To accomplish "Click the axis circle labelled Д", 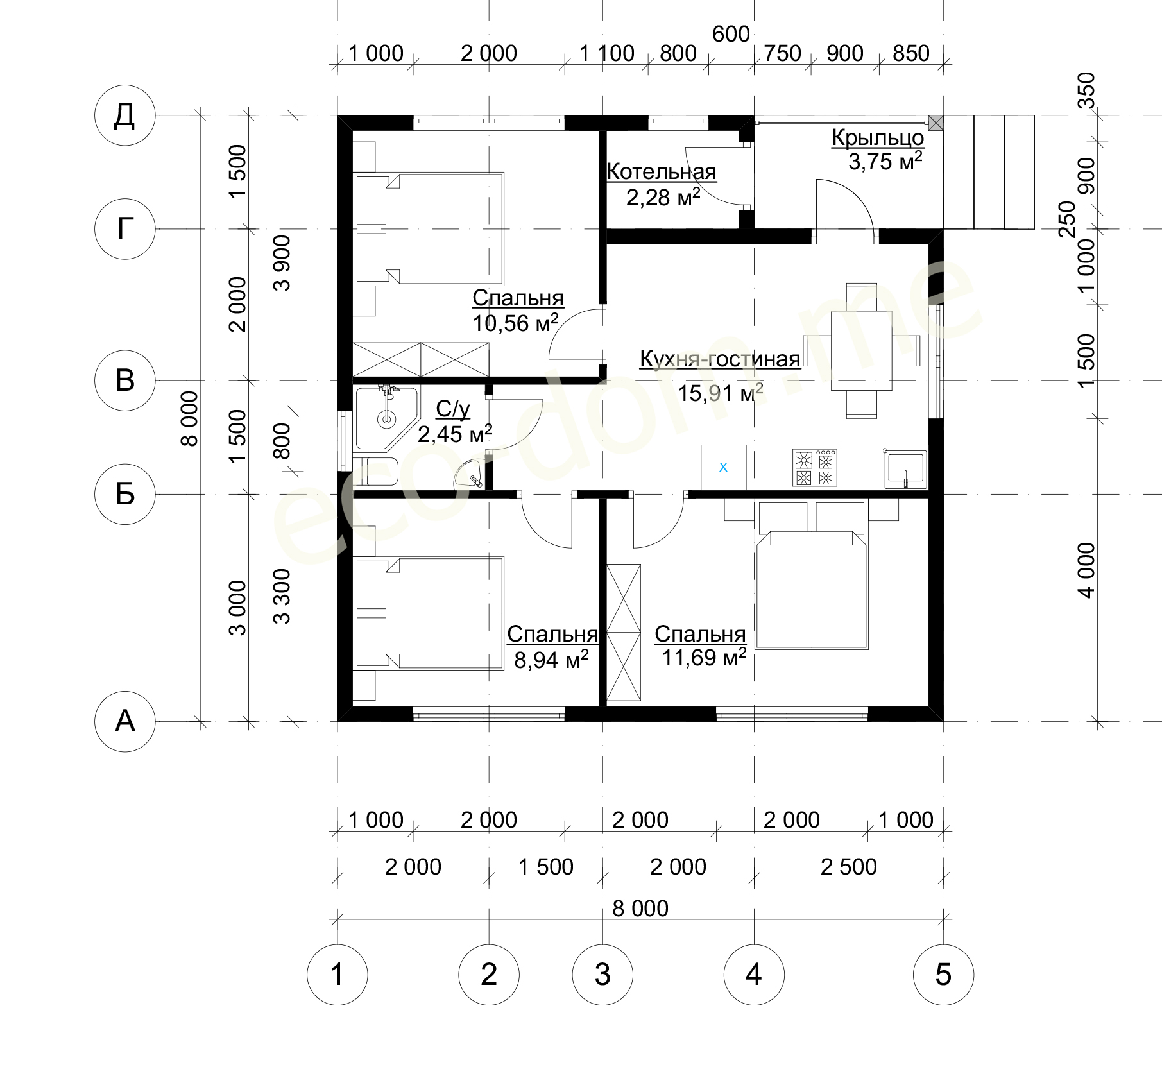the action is (124, 116).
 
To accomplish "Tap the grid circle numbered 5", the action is (943, 975).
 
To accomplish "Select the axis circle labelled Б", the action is (124, 494).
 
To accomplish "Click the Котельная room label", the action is (662, 172).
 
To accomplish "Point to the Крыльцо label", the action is (878, 137).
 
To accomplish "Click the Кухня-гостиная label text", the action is (720, 359).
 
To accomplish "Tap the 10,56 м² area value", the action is (516, 323).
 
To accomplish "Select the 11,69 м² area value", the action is (704, 657).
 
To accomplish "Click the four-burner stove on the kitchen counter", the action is (815, 468).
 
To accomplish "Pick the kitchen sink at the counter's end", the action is (905, 470).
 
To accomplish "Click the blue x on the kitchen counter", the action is (723, 467).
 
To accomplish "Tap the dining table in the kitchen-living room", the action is (861, 351).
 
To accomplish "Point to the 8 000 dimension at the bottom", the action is (640, 909).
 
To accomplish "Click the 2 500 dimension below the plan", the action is (848, 867).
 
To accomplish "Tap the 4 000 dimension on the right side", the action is (1087, 570).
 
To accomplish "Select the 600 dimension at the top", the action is (731, 34).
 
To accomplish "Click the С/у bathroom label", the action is (452, 409).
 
